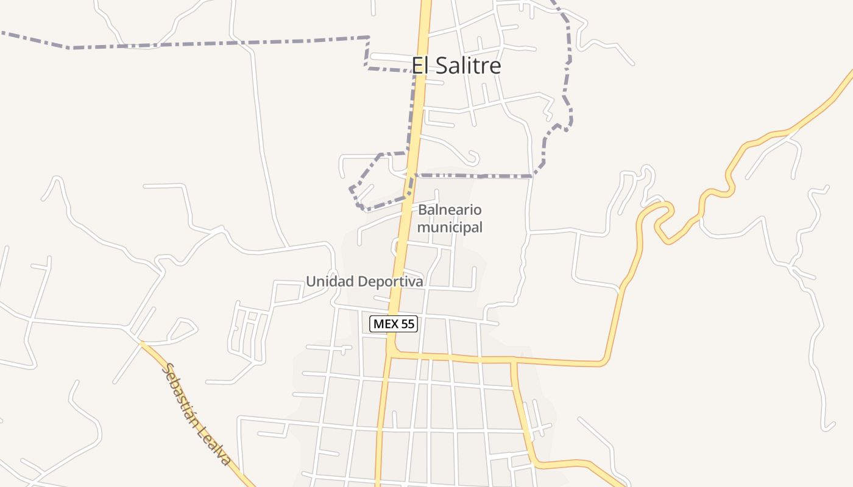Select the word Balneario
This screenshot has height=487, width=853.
[x=450, y=211]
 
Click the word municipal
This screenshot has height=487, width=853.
[x=450, y=228]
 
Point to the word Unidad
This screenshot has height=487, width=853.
[x=329, y=281]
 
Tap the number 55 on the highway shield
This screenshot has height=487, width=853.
[x=408, y=324]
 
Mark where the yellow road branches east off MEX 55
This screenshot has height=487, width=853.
[x=395, y=352]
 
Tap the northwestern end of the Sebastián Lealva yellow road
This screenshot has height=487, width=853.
[x=142, y=343]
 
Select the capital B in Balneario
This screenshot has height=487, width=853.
[x=422, y=211]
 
